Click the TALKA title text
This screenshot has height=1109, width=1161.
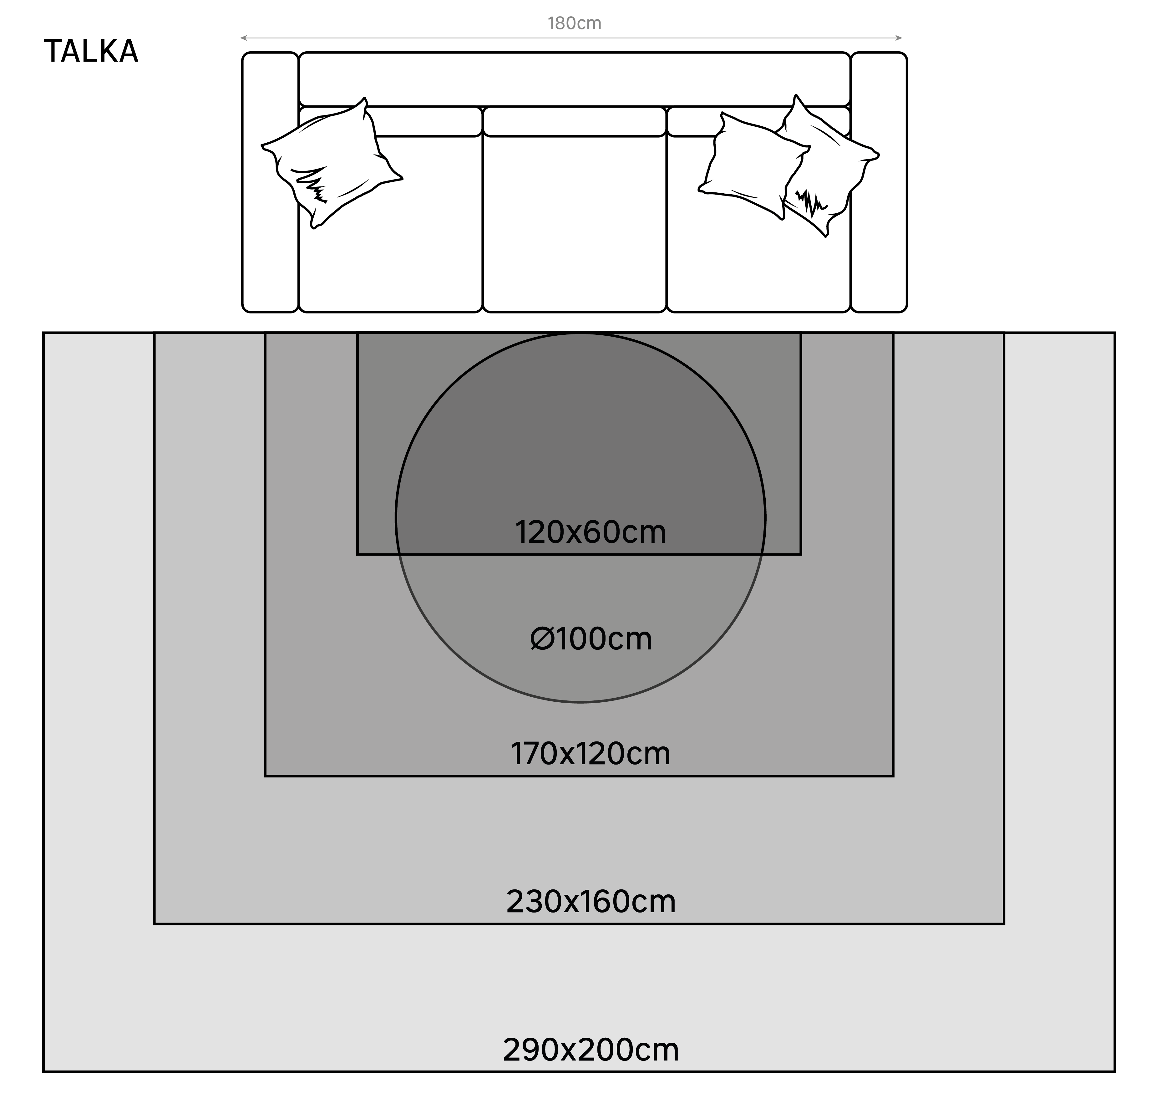tap(91, 51)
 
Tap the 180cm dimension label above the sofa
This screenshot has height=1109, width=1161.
tap(574, 24)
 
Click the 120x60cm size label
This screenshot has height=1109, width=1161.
tap(590, 532)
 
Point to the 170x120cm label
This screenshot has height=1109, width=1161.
tap(590, 754)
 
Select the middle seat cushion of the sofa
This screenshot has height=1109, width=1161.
tap(574, 225)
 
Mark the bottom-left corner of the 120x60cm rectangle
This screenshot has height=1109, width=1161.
tap(357, 554)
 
